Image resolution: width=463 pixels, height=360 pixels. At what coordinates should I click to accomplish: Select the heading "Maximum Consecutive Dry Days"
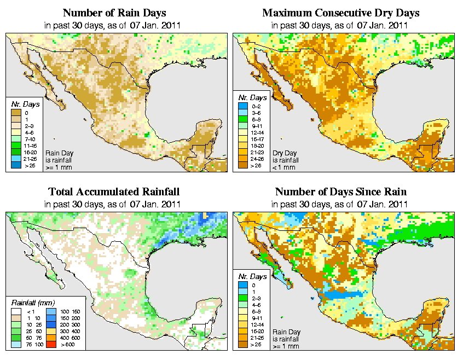[340, 13]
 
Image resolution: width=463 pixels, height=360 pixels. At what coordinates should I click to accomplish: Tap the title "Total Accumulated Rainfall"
[114, 192]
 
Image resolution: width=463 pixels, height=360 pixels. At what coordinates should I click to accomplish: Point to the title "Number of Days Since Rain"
[340, 192]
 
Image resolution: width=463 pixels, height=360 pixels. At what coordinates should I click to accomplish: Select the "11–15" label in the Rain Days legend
[31, 146]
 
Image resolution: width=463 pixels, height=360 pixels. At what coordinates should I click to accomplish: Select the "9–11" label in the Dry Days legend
[256, 125]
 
